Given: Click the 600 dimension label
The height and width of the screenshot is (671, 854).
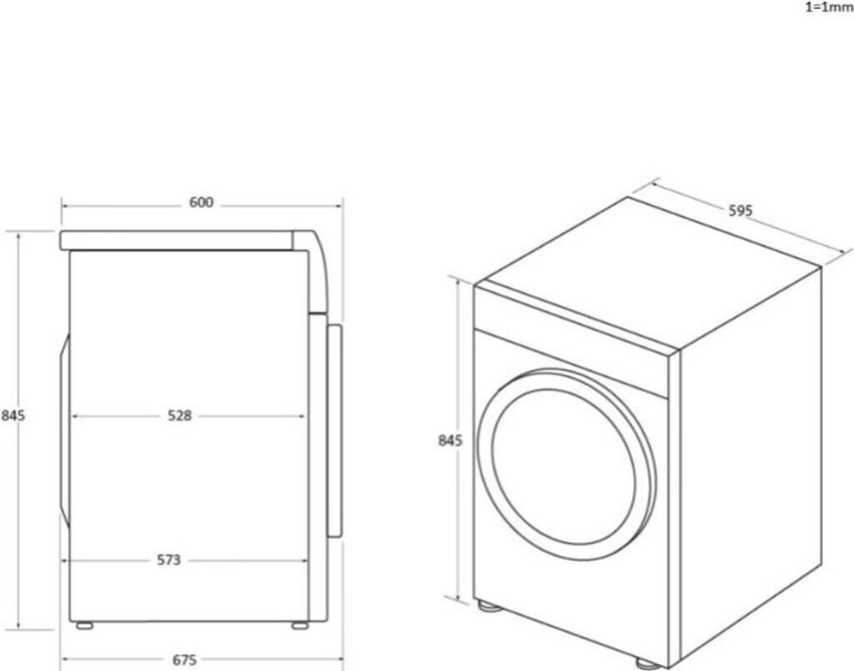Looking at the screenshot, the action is (201, 203).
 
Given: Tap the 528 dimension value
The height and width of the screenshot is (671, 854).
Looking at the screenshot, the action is (178, 415).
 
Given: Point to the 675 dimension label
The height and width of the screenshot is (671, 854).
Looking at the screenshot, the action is (184, 660).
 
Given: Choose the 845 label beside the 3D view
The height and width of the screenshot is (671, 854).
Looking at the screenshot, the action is (450, 441).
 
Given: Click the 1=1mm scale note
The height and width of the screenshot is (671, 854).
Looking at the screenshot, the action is (828, 8).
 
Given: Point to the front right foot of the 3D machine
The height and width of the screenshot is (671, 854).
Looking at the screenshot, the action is (646, 662).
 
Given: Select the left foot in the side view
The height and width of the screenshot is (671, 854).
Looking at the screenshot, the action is (84, 624).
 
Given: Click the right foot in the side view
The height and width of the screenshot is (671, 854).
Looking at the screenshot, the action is (298, 624).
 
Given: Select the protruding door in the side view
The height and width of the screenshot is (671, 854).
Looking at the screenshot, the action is (334, 430).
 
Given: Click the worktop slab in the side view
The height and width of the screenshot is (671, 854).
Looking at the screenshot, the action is (175, 240).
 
